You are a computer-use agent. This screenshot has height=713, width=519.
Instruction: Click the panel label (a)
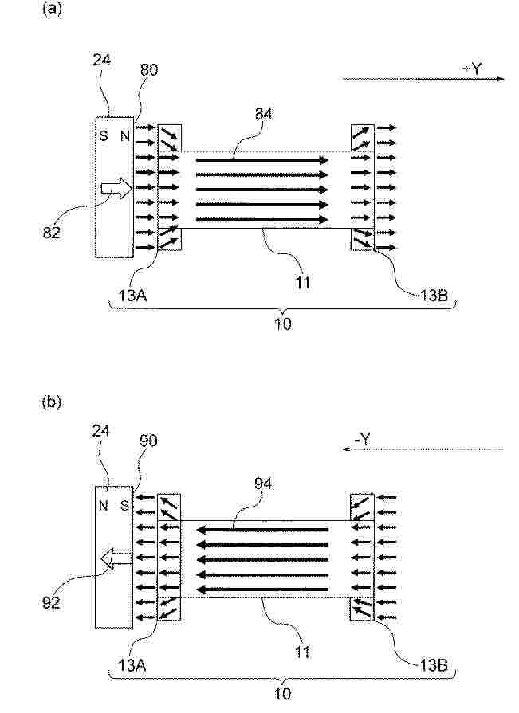(x=52, y=9)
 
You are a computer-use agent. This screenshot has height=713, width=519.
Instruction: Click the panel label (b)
(x=52, y=402)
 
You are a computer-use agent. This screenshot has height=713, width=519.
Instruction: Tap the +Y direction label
(x=472, y=69)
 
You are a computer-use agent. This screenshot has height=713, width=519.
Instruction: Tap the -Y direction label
(x=362, y=439)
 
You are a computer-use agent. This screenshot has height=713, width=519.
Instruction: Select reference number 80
(x=149, y=70)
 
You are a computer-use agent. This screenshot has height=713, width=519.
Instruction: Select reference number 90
(x=149, y=441)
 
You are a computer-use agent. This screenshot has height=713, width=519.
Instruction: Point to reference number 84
(x=263, y=113)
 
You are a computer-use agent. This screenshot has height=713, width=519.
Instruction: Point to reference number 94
(x=263, y=484)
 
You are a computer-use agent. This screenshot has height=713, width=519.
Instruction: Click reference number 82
(x=51, y=233)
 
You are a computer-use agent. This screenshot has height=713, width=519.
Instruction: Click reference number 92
(x=51, y=602)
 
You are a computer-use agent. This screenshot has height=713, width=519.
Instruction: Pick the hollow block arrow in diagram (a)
(x=116, y=187)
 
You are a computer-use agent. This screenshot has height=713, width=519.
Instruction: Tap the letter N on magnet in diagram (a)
(x=125, y=135)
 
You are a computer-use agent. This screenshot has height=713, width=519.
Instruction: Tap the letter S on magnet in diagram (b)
(x=124, y=505)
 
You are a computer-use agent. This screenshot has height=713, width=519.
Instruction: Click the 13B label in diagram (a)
(x=434, y=296)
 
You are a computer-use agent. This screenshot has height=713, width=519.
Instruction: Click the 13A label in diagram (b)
(x=132, y=665)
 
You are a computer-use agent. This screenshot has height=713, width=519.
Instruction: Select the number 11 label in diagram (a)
(x=302, y=282)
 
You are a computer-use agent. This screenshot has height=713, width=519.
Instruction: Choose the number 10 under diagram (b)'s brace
(x=282, y=694)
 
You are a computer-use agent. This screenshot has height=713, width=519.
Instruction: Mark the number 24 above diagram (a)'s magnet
(x=101, y=60)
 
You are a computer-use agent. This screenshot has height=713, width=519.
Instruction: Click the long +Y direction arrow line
(x=423, y=79)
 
